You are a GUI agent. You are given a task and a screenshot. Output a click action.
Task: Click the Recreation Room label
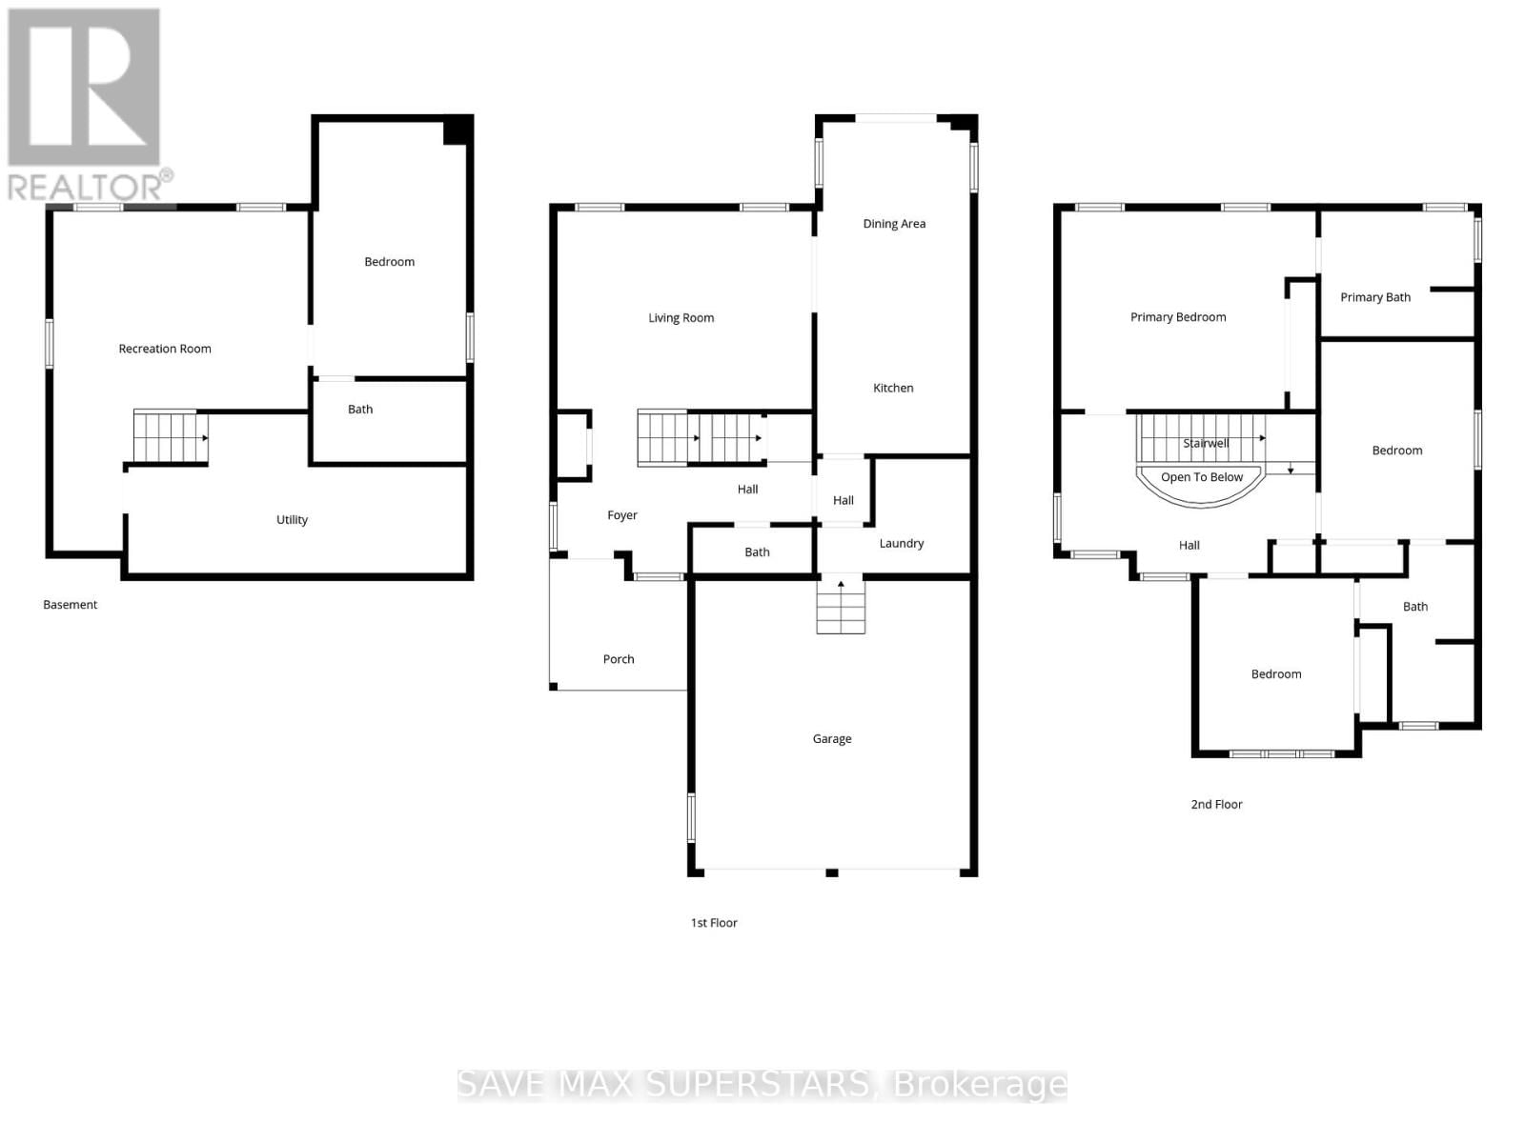(165, 349)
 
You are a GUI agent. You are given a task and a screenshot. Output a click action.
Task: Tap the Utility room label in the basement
(292, 519)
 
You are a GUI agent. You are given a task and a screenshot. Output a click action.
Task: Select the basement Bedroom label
(389, 261)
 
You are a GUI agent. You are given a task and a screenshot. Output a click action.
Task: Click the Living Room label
(681, 317)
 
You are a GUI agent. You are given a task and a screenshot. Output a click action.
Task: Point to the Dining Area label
(894, 223)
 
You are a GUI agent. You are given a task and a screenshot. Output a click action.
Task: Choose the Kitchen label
(893, 388)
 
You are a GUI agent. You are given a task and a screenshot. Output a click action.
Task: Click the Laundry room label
(901, 543)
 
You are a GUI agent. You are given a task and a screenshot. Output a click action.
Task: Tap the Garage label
(831, 738)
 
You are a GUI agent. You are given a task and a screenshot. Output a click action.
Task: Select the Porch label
(618, 658)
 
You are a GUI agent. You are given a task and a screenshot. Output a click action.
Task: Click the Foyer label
(621, 514)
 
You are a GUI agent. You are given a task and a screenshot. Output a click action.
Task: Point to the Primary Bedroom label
(1178, 316)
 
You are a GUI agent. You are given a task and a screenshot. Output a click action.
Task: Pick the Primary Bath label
(1374, 296)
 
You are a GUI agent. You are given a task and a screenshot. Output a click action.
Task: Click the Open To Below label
(1201, 477)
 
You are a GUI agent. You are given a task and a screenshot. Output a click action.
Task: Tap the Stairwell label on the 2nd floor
(1206, 443)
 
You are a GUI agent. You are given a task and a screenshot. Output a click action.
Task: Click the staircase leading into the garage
(841, 607)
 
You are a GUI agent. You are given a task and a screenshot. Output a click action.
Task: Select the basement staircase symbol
(170, 437)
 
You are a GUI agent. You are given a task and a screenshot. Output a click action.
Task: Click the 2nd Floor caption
(1216, 804)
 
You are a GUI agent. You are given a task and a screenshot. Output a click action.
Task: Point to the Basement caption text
(70, 604)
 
